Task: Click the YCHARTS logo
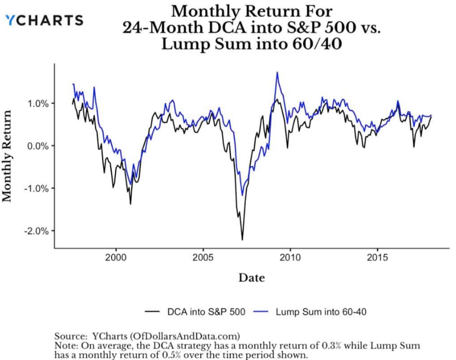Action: point(44,20)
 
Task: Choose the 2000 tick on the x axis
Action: point(116,257)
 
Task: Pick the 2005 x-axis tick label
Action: point(203,257)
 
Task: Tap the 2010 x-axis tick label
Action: point(291,257)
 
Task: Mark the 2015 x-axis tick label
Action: point(377,257)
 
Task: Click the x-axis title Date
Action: point(251,277)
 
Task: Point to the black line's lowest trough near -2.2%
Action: point(242,239)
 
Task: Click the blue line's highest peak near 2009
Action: point(277,72)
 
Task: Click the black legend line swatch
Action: point(152,312)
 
